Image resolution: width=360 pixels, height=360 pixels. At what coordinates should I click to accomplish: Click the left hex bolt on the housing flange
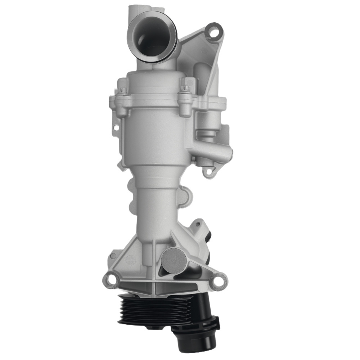point(122,92)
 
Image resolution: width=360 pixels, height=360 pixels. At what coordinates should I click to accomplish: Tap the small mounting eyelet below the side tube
point(207,172)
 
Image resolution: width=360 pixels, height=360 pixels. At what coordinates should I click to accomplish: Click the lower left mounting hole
point(112,279)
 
